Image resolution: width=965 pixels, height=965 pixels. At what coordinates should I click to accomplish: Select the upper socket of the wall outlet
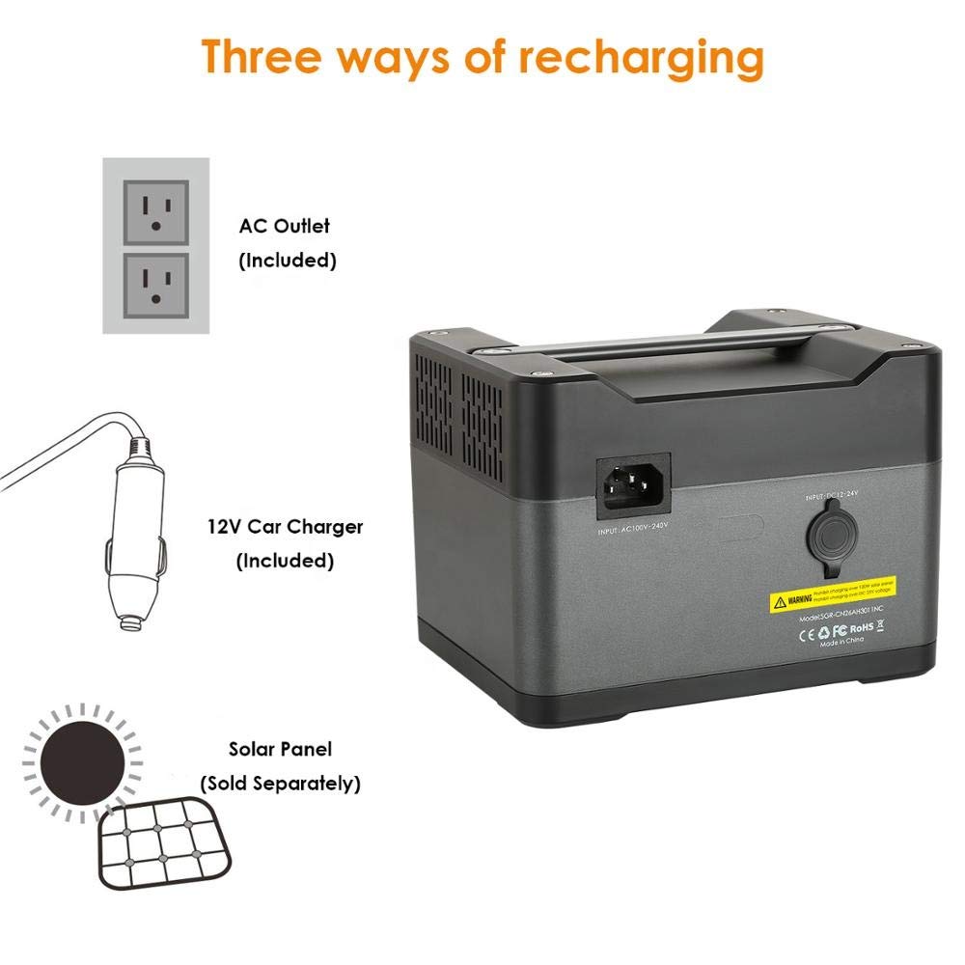tap(155, 211)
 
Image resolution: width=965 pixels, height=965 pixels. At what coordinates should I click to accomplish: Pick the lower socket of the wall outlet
tap(155, 285)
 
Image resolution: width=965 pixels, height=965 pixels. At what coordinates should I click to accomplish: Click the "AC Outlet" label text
tap(285, 226)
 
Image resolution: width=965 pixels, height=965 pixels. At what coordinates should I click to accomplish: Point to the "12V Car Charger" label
tap(285, 527)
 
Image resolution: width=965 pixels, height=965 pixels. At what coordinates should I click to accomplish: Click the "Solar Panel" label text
tap(280, 749)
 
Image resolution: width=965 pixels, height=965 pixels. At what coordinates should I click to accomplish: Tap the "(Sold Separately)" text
tap(280, 783)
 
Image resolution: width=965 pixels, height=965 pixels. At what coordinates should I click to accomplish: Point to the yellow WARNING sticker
tap(830, 601)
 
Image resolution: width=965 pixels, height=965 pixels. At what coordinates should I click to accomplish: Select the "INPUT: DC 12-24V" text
tap(832, 494)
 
